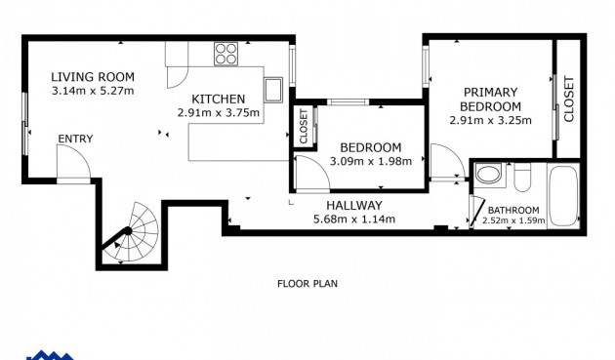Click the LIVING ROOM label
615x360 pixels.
pyautogui.click(x=93, y=77)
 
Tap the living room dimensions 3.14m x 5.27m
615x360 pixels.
pyautogui.click(x=93, y=91)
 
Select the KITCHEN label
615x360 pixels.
pyautogui.click(x=219, y=99)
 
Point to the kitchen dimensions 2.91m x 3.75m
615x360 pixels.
pyautogui.click(x=219, y=112)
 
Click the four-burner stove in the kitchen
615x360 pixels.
pyautogui.click(x=226, y=54)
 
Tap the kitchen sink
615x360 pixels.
pyautogui.click(x=273, y=89)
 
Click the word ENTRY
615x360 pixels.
pyautogui.click(x=75, y=139)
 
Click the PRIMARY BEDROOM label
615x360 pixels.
pyautogui.click(x=490, y=100)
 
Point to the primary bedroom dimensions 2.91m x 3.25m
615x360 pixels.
pyautogui.click(x=490, y=121)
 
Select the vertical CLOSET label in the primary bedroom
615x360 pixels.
pyautogui.click(x=569, y=99)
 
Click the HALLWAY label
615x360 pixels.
pyautogui.click(x=353, y=205)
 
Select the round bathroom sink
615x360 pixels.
pyautogui.click(x=488, y=176)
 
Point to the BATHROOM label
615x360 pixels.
pyautogui.click(x=513, y=210)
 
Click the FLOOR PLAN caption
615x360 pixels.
pyautogui.click(x=307, y=284)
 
